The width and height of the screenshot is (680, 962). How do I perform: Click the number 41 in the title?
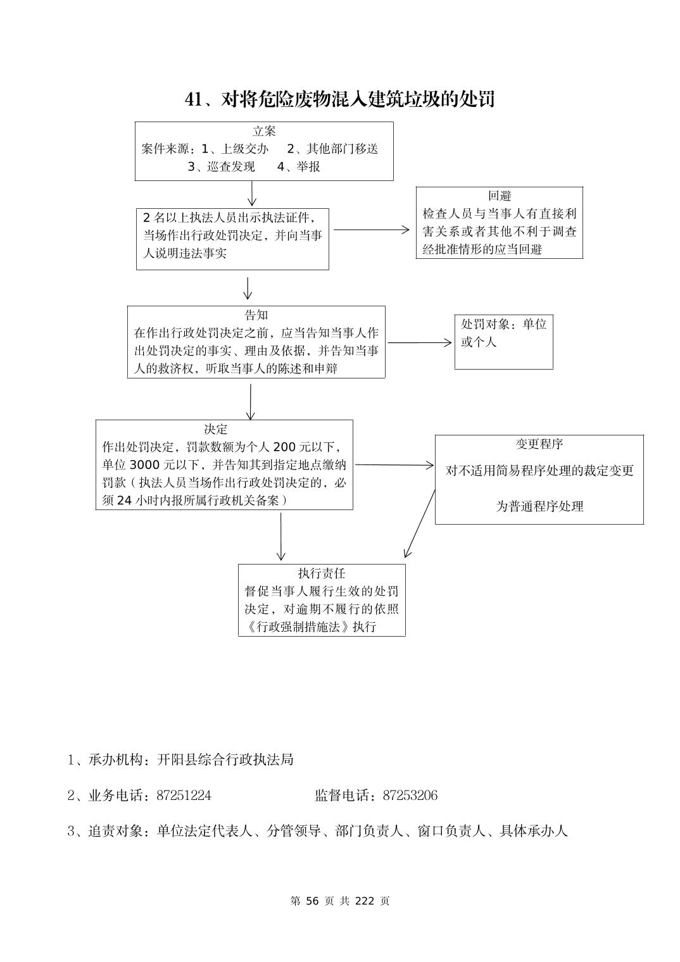(x=193, y=100)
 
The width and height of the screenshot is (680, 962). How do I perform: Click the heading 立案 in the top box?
(x=264, y=132)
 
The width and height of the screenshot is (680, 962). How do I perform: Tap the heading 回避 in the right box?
(x=500, y=196)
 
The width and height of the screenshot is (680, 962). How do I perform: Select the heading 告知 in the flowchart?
(x=256, y=315)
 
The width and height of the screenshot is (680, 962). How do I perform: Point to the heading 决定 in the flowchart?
(x=215, y=429)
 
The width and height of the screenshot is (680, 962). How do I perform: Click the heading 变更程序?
(x=539, y=444)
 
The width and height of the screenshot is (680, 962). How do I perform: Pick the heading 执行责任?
(x=322, y=573)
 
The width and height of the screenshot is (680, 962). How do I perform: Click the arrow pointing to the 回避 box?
(x=372, y=230)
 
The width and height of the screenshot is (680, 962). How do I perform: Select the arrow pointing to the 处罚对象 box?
(x=420, y=343)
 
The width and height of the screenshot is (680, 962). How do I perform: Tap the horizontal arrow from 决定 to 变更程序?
(x=394, y=465)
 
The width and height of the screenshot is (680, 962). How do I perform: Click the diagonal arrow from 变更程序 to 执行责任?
(x=419, y=524)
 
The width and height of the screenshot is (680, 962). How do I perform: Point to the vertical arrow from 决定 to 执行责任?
(x=281, y=536)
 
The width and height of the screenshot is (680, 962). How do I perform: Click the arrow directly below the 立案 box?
(x=252, y=194)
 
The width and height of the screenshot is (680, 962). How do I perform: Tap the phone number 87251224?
(x=184, y=796)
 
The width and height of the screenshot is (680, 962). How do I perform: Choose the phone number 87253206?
(x=410, y=796)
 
